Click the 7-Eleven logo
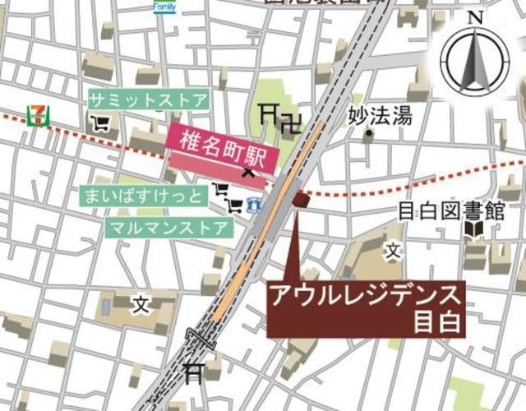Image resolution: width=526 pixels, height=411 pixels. coord(37,114)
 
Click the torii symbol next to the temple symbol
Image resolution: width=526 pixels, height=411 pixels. coord(268,114)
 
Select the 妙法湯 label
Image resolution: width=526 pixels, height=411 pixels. coord(379,116)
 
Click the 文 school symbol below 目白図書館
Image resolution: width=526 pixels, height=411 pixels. coord(394,249)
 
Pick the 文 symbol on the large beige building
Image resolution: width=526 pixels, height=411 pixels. coord(141,304)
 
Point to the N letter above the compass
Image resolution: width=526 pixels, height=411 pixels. coord(475,17)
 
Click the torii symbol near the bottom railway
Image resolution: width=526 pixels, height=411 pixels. coord(194,374)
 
